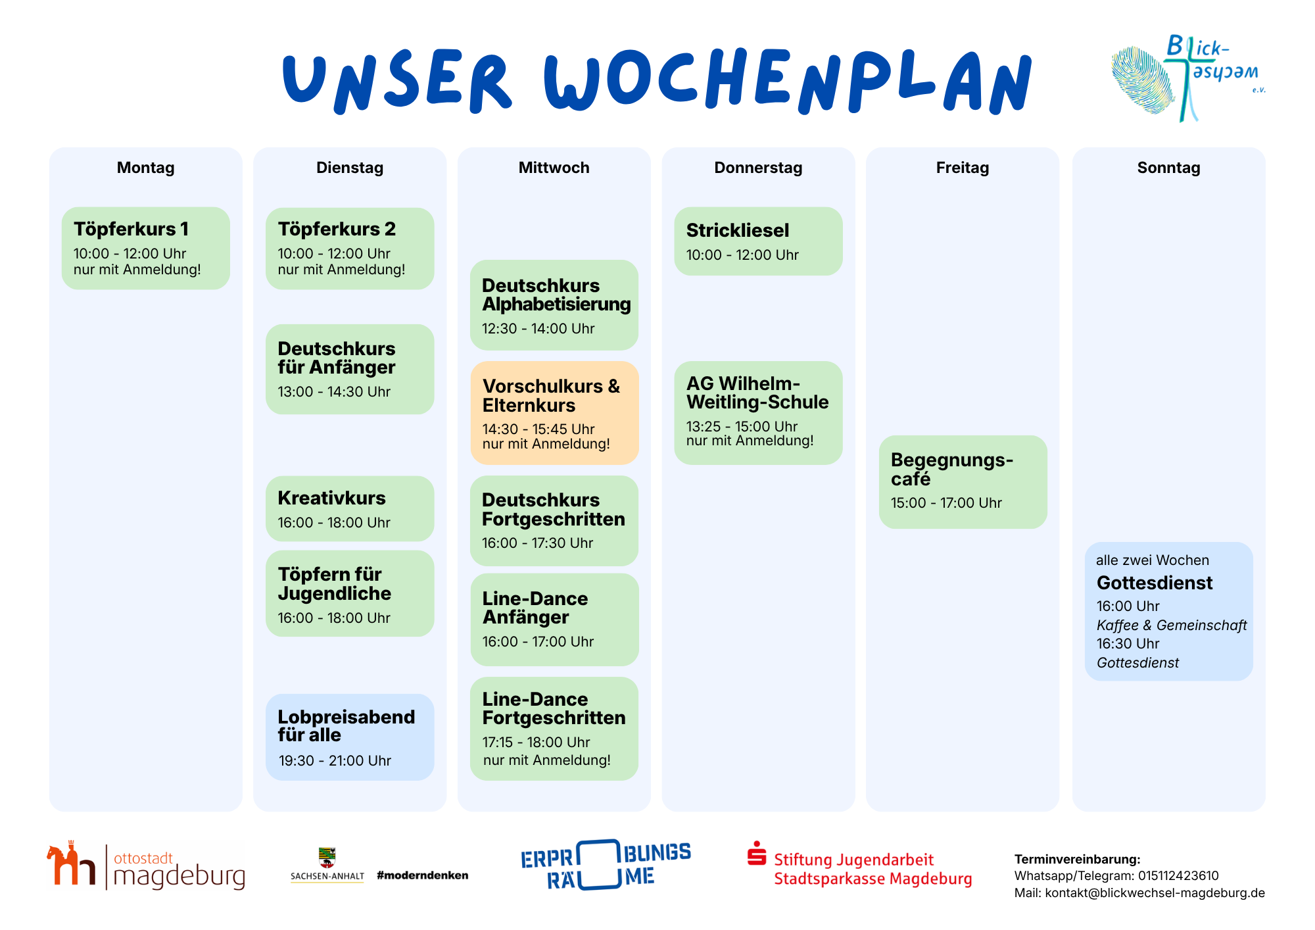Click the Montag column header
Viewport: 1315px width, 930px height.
[145, 168]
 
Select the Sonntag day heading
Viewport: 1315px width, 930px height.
[1168, 168]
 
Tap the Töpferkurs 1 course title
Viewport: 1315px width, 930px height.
[131, 229]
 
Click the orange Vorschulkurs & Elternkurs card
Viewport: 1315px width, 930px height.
[554, 413]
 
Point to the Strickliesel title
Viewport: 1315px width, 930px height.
[738, 230]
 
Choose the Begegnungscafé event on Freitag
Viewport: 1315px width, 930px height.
[963, 481]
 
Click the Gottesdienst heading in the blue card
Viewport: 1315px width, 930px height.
[1155, 583]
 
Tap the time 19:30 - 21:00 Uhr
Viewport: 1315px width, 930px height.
[335, 761]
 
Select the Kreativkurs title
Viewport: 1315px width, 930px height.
[331, 498]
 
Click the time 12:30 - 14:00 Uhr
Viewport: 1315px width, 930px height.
[538, 329]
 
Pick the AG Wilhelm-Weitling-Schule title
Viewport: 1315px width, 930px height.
[757, 393]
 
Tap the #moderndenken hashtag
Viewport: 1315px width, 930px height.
[423, 875]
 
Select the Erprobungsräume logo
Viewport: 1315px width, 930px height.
[606, 865]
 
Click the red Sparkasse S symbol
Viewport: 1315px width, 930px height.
[757, 853]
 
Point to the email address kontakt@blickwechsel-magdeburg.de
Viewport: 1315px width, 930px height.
[1155, 893]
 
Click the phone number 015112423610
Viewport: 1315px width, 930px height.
[1178, 876]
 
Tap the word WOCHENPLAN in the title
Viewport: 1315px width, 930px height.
[788, 80]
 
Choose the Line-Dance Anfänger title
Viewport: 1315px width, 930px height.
[535, 608]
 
